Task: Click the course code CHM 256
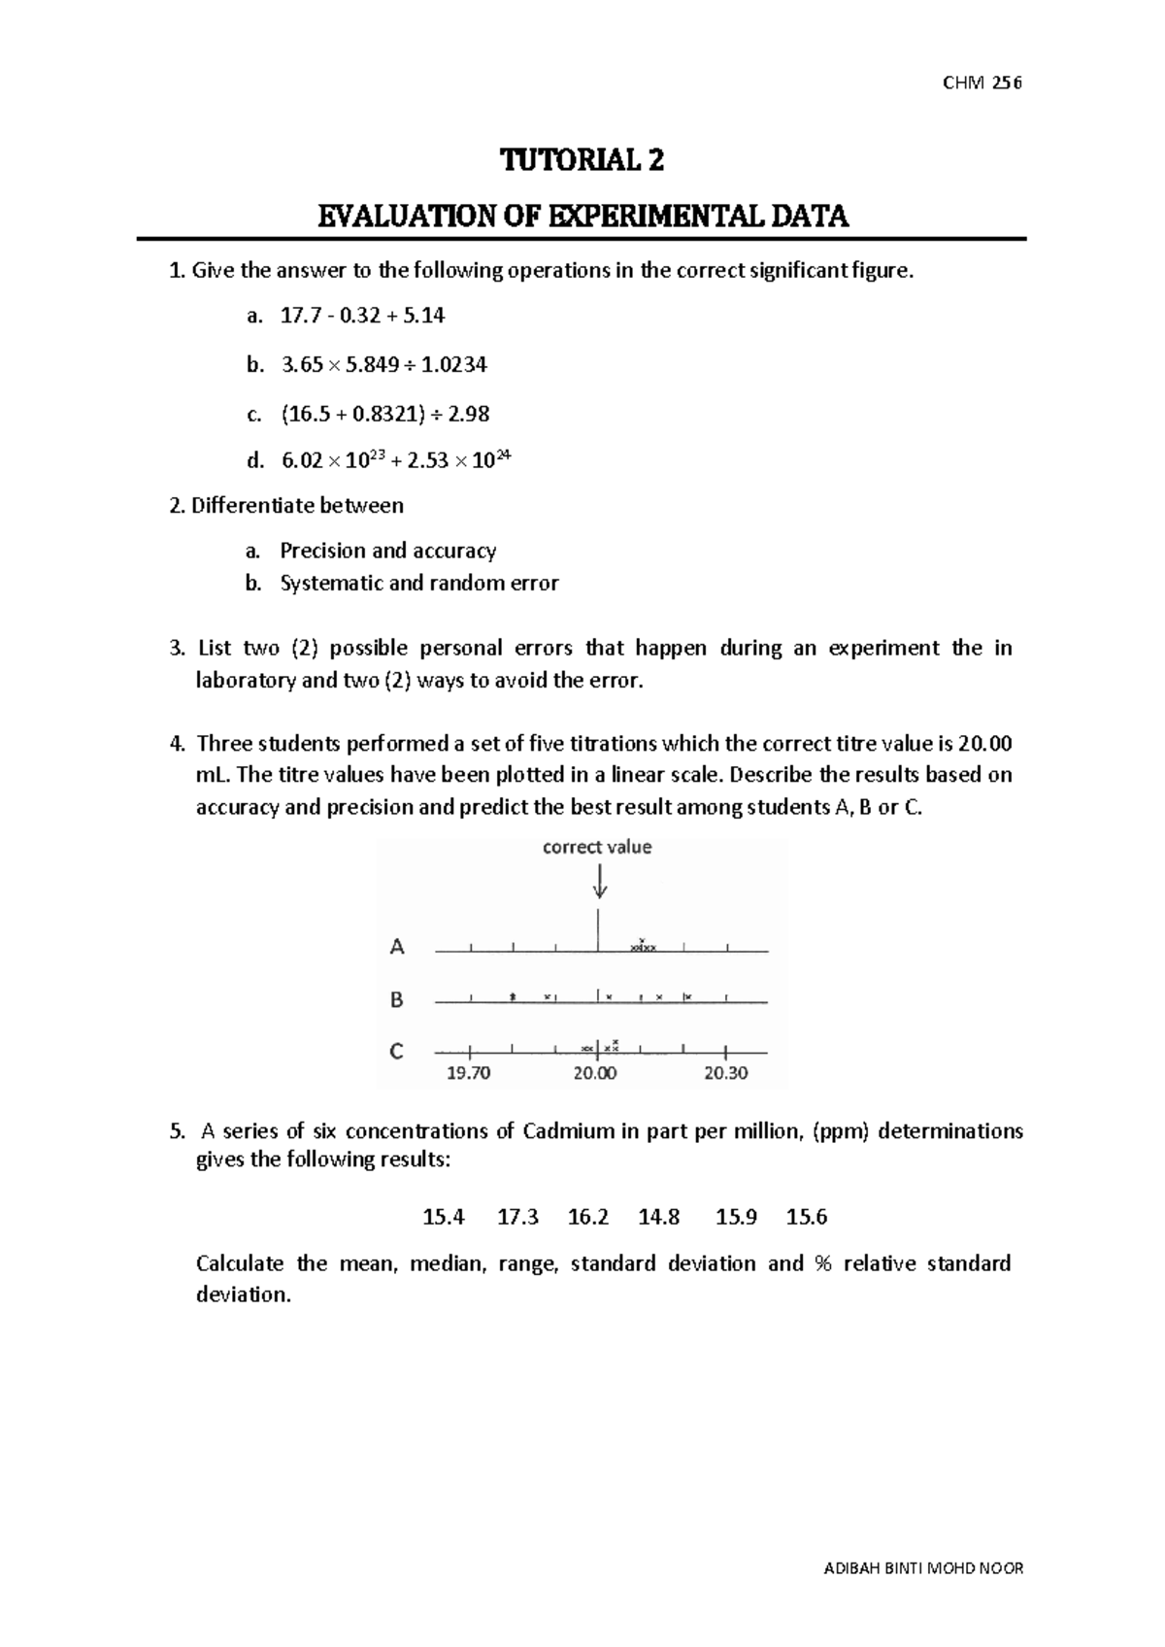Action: tap(982, 83)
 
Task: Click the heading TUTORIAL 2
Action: tap(582, 160)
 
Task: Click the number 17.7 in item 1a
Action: tap(297, 316)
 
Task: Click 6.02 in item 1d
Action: tap(301, 461)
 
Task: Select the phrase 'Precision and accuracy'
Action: tap(387, 552)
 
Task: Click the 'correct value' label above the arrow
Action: tap(597, 847)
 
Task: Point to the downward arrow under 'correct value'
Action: tap(599, 882)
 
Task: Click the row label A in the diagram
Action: tap(397, 947)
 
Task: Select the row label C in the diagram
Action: tap(396, 1052)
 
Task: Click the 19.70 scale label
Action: tap(469, 1073)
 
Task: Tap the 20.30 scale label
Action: tap(726, 1073)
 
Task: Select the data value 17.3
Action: tap(517, 1217)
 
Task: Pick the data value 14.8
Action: tap(659, 1217)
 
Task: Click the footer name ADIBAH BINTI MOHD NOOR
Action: tap(922, 1567)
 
